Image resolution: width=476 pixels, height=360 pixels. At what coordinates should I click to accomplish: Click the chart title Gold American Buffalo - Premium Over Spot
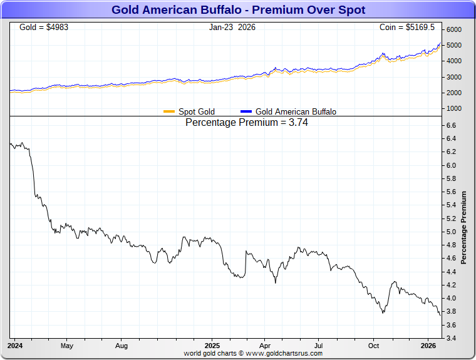click(238, 10)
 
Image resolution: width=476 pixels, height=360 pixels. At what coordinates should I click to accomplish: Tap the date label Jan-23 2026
click(232, 28)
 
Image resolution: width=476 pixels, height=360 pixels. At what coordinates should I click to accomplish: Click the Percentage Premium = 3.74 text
click(247, 123)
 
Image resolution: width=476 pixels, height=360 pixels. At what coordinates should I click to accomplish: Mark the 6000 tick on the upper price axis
click(453, 30)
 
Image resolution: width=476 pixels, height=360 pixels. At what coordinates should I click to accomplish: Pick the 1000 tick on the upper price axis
click(453, 109)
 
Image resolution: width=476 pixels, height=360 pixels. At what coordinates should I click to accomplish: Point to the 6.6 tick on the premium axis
click(451, 126)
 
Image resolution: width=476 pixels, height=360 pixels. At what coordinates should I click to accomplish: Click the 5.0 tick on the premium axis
click(451, 232)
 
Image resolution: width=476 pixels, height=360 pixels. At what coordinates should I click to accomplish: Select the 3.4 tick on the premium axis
click(451, 339)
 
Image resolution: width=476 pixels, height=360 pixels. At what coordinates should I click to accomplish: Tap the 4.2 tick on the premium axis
click(451, 285)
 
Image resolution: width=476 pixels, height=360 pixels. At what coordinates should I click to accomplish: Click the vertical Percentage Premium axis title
click(464, 227)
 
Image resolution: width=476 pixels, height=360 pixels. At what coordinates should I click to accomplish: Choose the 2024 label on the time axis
click(15, 346)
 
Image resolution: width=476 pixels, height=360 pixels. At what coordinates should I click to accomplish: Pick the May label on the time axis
click(67, 346)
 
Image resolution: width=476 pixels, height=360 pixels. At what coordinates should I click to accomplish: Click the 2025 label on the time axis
click(212, 346)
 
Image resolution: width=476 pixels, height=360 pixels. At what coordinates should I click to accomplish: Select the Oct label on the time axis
click(373, 346)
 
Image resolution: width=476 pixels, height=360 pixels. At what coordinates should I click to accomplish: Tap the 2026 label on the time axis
click(428, 346)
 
